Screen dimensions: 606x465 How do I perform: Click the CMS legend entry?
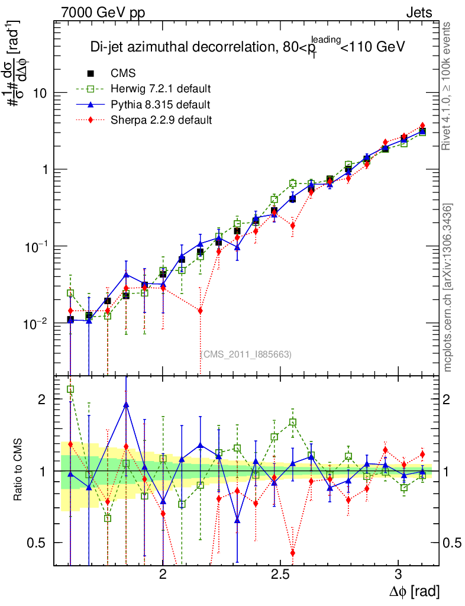(x=123, y=74)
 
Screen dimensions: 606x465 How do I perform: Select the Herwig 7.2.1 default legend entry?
(x=160, y=89)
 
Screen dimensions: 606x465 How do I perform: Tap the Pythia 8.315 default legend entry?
(x=160, y=105)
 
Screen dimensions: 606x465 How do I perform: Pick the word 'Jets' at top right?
(x=419, y=13)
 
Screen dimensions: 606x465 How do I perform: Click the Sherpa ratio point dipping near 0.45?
(x=293, y=553)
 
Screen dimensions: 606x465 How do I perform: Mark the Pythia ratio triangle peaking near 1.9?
(x=126, y=405)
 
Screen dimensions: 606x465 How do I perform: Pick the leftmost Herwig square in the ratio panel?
(x=70, y=389)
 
